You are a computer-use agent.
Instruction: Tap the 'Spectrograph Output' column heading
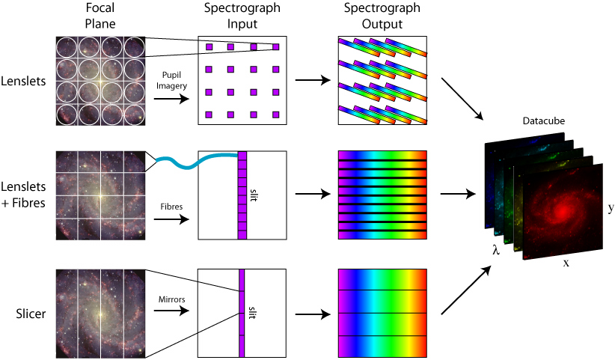click(x=382, y=15)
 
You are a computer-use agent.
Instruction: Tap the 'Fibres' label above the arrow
click(x=171, y=205)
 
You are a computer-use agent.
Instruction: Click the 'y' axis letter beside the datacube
click(x=611, y=207)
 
